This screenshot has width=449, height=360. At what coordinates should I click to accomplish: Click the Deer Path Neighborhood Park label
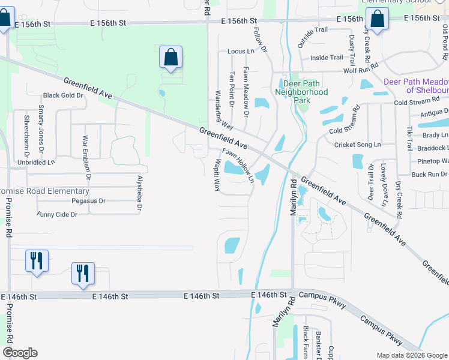(301, 88)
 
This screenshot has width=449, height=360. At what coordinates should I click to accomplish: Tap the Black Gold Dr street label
(62, 95)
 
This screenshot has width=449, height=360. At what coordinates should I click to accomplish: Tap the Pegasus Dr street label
(88, 201)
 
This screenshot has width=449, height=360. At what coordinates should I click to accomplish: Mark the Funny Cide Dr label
(62, 214)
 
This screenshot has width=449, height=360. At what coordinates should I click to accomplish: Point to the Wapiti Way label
(217, 175)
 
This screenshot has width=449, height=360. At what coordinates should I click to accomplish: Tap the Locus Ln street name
(241, 52)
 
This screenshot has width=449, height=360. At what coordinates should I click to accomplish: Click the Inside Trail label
(327, 58)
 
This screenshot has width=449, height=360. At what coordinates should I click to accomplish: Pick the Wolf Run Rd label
(360, 70)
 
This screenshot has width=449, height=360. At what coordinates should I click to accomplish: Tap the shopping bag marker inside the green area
(170, 58)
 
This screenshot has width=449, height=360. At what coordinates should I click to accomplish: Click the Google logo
(20, 353)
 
